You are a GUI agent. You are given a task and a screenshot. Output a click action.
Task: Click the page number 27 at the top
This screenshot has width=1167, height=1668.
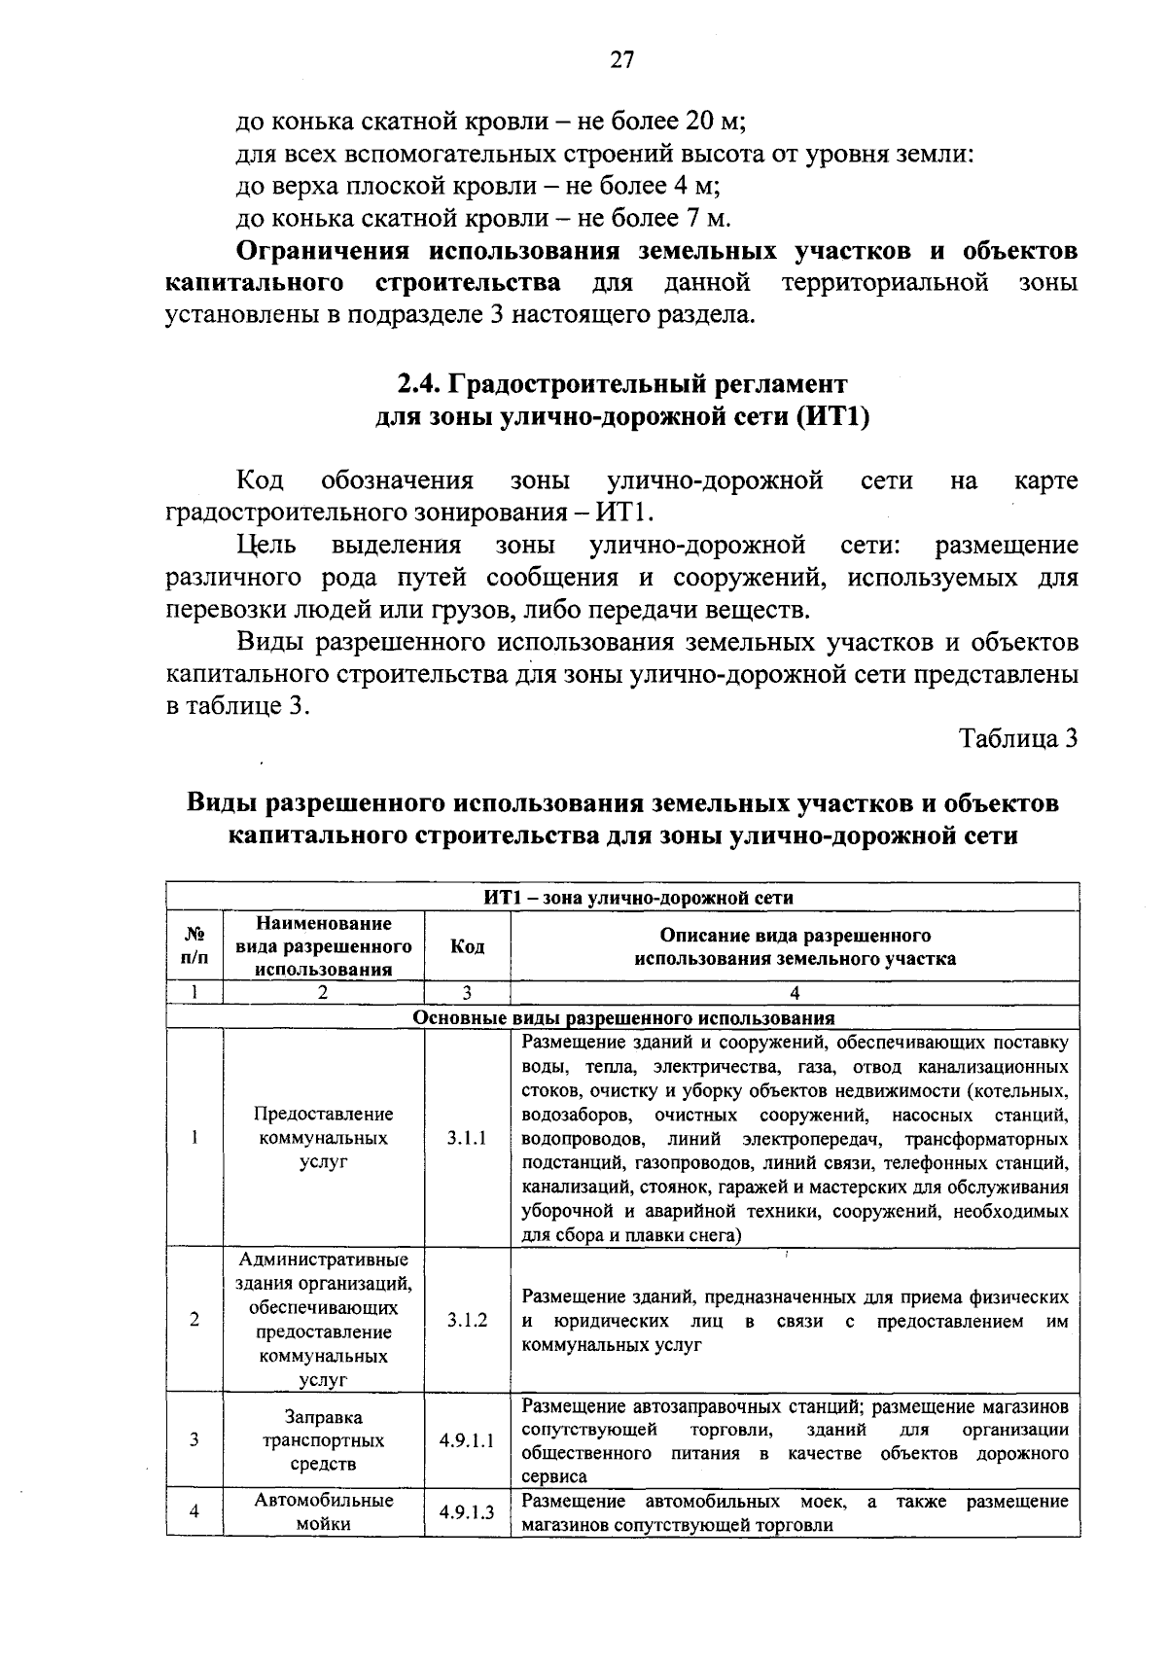(x=621, y=60)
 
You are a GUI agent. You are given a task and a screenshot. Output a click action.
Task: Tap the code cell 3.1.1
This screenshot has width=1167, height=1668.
(x=467, y=1138)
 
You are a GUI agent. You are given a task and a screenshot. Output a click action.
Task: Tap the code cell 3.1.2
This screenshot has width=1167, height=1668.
(x=467, y=1320)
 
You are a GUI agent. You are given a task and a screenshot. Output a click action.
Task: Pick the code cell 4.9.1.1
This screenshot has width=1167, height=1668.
(x=467, y=1440)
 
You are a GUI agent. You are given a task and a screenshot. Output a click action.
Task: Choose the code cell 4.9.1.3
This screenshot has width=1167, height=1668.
(x=467, y=1512)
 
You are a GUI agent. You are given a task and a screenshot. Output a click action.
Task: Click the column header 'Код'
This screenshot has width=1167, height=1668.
(x=467, y=946)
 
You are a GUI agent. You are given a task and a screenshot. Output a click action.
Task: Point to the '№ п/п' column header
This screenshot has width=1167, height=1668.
(x=194, y=946)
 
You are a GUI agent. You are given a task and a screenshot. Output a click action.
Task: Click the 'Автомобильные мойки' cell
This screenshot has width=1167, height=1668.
(x=324, y=1512)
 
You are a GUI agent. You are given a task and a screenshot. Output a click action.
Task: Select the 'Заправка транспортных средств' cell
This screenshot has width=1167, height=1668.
(x=324, y=1440)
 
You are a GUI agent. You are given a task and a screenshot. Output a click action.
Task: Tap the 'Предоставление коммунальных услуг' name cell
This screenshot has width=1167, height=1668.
(x=324, y=1138)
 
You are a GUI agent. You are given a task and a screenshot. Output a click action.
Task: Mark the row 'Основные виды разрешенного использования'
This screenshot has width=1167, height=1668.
(x=623, y=1018)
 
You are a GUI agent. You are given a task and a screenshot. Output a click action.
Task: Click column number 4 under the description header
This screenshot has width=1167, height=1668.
(x=795, y=993)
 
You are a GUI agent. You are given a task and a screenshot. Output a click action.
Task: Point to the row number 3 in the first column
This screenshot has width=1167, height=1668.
(x=194, y=1440)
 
